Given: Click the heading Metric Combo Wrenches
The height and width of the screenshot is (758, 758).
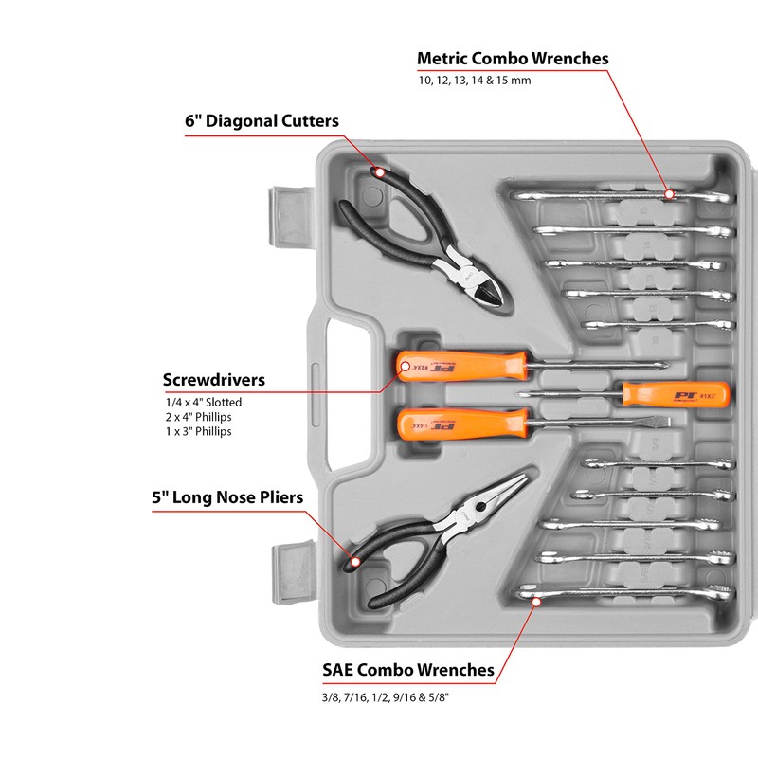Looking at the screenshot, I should click(513, 59).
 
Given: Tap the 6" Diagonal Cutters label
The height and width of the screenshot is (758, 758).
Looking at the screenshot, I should click(262, 121).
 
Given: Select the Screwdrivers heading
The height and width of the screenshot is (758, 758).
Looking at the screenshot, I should click(213, 380).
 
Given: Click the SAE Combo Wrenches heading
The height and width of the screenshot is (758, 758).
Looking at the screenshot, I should click(408, 670).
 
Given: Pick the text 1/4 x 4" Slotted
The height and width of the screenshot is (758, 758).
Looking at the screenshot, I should click(203, 403).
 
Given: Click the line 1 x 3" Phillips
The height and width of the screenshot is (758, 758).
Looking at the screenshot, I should click(198, 431).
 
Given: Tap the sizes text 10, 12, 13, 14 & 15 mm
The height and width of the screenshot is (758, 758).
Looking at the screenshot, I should click(474, 81).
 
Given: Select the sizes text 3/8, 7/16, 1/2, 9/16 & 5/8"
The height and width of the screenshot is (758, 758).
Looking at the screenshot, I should click(384, 698).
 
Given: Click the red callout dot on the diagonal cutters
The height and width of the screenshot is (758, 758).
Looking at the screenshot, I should click(379, 172).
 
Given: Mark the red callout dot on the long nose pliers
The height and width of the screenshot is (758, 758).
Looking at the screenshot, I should click(355, 561).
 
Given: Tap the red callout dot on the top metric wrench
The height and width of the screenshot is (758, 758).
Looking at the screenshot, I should click(669, 193).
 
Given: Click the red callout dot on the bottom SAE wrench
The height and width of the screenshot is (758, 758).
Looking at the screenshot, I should click(535, 599).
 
